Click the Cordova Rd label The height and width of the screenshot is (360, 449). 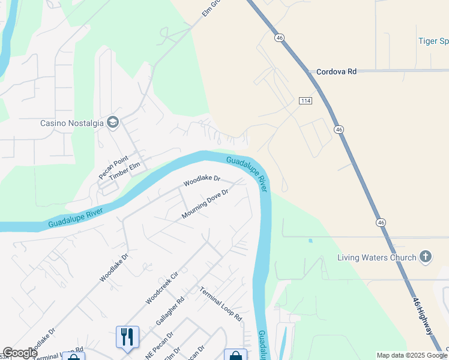point(336,71)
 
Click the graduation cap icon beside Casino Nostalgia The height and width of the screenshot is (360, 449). point(113,123)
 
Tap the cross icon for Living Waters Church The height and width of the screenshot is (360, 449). point(425,257)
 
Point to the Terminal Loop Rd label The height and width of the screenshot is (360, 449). point(220,304)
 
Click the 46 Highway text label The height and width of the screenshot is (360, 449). point(423,316)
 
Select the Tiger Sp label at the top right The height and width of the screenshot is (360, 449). point(433,41)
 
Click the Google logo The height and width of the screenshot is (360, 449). point(20,353)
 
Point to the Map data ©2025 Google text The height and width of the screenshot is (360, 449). point(412,355)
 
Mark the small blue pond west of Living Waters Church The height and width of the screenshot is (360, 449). point(310,241)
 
